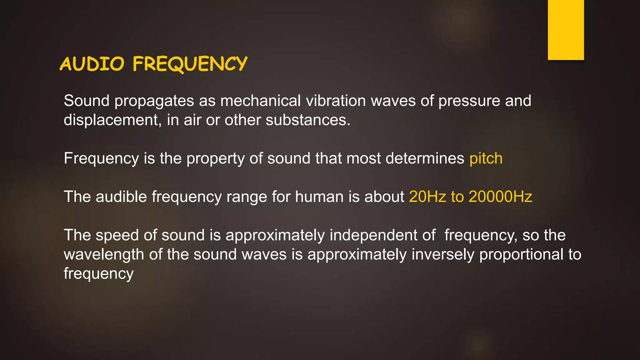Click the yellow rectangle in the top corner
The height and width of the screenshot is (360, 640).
coord(566,30)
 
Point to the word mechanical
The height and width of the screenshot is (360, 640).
coord(260,101)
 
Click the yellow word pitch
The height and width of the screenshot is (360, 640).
coord(486,158)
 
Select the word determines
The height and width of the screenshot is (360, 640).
coord(425,158)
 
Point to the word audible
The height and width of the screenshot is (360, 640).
coord(121,197)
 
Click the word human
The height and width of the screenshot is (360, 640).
coord(319,197)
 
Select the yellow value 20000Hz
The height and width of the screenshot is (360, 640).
coord(500,197)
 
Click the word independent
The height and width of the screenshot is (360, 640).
coord(373,235)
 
